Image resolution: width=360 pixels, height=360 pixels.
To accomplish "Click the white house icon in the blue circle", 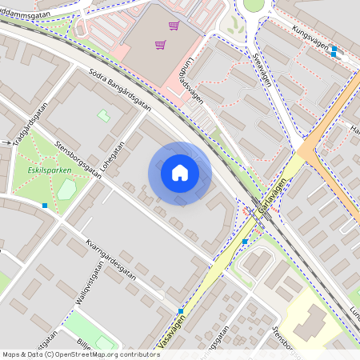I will pos(180,173).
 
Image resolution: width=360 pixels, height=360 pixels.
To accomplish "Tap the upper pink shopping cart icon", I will pos(173,26).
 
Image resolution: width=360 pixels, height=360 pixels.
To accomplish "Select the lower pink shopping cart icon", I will pos(160,45).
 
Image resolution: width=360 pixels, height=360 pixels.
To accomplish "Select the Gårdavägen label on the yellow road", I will pos(273,197).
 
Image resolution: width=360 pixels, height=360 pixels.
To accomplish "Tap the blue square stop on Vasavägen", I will pos(182,310).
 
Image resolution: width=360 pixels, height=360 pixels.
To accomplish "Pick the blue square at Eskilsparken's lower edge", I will pos(45,206).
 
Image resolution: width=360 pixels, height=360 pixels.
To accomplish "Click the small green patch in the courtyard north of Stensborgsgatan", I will pos(103,116).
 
